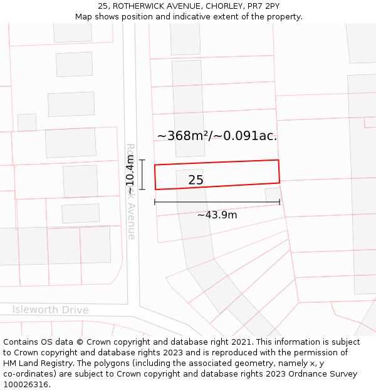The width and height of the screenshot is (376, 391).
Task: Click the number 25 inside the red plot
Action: (x=196, y=180)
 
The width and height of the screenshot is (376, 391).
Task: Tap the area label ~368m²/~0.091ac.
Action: (x=217, y=136)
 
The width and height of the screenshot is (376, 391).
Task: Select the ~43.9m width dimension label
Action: (x=217, y=215)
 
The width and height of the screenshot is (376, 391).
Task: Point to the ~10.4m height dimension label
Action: (x=130, y=175)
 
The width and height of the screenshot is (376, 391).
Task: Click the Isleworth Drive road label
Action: (x=50, y=310)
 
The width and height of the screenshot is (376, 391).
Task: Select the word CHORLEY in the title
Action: (x=217, y=6)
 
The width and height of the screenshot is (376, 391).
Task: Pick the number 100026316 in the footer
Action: (x=26, y=385)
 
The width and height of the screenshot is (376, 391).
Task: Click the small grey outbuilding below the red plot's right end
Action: (x=273, y=195)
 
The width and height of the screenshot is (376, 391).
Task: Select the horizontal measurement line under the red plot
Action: (x=217, y=202)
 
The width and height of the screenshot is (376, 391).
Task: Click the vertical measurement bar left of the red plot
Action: (x=142, y=175)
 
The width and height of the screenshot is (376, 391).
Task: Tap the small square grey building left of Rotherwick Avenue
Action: (x=27, y=123)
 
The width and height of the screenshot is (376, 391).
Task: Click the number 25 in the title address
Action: (x=103, y=6)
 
